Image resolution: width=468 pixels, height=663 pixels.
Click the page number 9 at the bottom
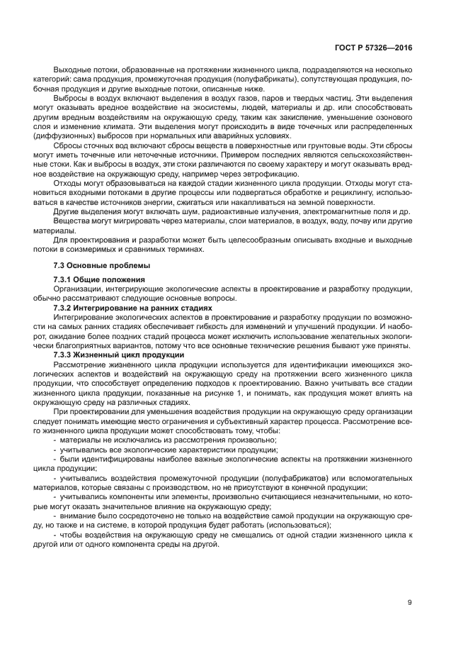[x=409, y=603]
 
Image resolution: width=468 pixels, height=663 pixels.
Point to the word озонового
[x=394, y=116]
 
